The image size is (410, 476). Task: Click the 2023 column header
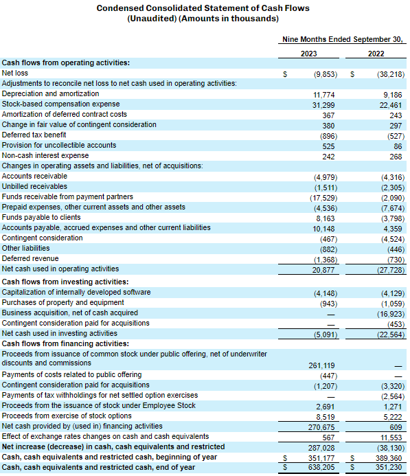(308, 54)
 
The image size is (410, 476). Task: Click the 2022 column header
(376, 54)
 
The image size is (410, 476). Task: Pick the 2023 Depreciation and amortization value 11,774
(324, 95)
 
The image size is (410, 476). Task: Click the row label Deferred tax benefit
(34, 135)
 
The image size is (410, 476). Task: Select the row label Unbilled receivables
(34, 186)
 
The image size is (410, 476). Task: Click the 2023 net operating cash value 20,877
(323, 270)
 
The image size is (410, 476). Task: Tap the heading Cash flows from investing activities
(65, 282)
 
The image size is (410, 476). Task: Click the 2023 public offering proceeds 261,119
(321, 365)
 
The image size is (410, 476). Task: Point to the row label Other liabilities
(26, 249)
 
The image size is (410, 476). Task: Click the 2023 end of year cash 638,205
(321, 468)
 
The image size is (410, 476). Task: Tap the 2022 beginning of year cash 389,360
(389, 458)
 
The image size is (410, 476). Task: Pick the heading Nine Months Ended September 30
(343, 39)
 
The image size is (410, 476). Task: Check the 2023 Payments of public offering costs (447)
(329, 376)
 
